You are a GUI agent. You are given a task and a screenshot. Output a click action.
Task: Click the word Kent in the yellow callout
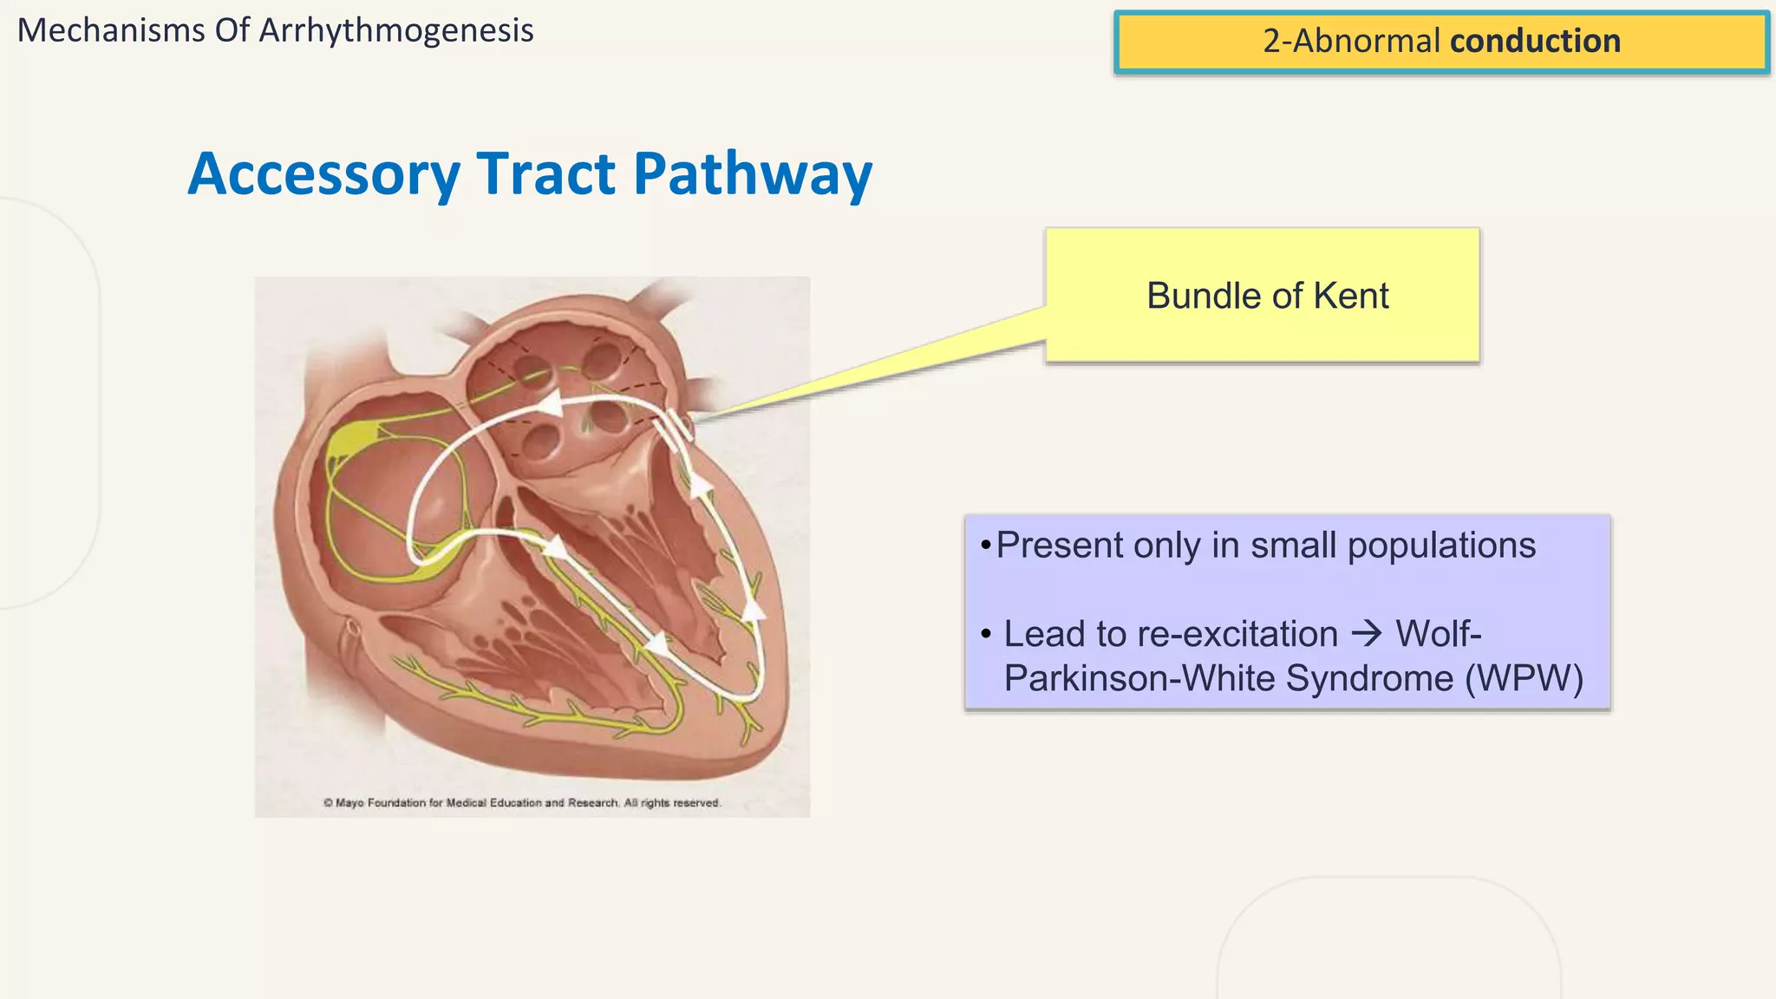pos(1351,297)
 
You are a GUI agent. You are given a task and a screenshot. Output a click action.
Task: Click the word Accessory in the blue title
pos(323,174)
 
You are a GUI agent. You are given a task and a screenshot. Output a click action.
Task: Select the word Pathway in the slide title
pos(753,174)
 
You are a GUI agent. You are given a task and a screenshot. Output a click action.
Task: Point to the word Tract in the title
pos(546,174)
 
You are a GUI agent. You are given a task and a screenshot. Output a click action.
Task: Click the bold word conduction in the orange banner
pos(1535,41)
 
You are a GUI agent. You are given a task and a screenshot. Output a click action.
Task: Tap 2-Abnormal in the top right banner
pos(1351,41)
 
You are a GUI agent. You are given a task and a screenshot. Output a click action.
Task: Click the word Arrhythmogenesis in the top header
pos(396,31)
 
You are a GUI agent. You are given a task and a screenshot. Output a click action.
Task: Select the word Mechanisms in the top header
pos(111,31)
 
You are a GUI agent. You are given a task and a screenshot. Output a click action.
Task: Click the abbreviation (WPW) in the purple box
pos(1524,678)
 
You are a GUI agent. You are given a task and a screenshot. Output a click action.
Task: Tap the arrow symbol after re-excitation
pos(1368,634)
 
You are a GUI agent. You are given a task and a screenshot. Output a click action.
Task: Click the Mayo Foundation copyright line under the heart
pos(522,803)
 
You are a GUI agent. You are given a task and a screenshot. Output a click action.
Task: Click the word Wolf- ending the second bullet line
pos(1438,634)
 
